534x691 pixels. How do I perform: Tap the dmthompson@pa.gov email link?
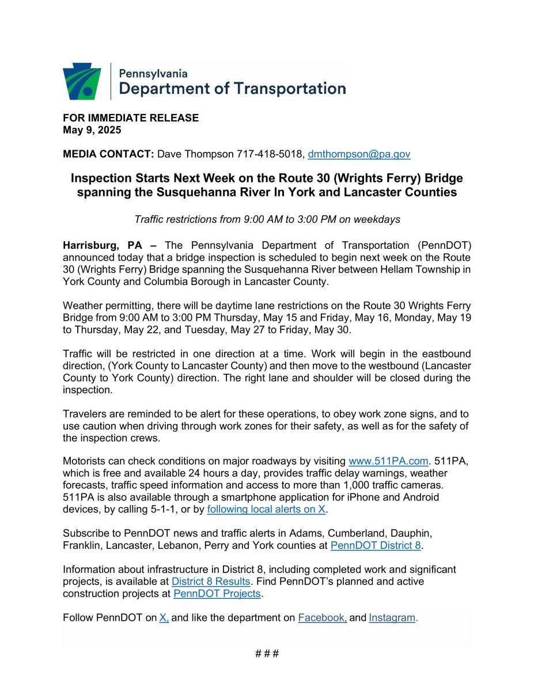(359, 154)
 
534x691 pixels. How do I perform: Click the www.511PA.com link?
(389, 461)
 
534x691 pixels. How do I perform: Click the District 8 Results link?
(211, 582)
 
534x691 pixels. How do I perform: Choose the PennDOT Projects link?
(217, 594)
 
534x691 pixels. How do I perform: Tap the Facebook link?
(322, 618)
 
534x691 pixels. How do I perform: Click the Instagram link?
(392, 618)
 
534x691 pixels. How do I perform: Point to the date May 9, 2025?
(92, 130)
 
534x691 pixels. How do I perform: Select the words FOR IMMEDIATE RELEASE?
(131, 117)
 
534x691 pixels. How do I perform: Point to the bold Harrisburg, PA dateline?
(105, 245)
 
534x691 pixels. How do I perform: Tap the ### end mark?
(267, 654)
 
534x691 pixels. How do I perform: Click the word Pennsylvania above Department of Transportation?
(153, 74)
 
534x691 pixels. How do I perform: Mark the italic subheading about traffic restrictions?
(267, 219)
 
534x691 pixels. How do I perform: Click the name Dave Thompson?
(196, 154)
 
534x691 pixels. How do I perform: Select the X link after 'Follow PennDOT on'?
(164, 618)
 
